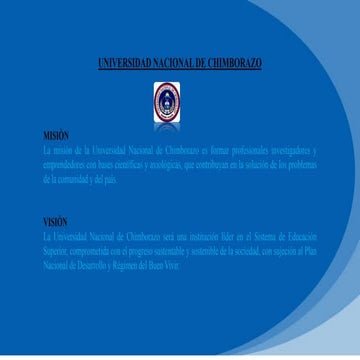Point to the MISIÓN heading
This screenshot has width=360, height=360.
[x=55, y=133]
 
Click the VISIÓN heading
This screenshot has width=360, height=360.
[x=55, y=220]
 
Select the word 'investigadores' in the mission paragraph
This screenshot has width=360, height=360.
[x=284, y=148]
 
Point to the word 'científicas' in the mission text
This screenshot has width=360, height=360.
[x=134, y=163]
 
